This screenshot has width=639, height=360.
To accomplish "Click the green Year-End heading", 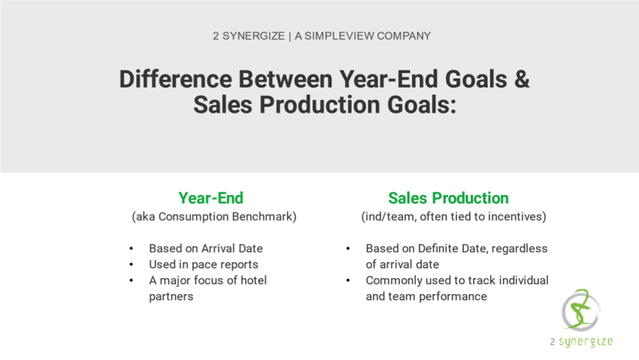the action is click(211, 198).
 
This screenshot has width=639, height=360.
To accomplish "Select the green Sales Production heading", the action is click(448, 198).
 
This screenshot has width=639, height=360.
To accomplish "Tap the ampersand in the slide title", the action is click(522, 79).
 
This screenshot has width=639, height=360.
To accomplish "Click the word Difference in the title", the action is click(175, 79).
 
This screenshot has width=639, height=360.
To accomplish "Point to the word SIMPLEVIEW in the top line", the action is click(339, 36).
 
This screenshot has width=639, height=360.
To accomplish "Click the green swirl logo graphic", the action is click(581, 310).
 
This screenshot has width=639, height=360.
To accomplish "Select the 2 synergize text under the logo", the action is click(581, 342).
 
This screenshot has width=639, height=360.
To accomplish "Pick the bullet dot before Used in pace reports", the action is click(131, 265).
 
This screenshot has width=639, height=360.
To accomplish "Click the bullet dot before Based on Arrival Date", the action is click(131, 249).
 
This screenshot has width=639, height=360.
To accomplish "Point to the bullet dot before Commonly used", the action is click(348, 280).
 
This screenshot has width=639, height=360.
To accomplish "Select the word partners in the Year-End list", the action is click(171, 296).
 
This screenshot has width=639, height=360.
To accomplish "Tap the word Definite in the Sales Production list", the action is click(442, 249).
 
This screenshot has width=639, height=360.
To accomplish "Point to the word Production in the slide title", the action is click(320, 105).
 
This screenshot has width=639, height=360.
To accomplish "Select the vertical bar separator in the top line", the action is click(290, 36).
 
